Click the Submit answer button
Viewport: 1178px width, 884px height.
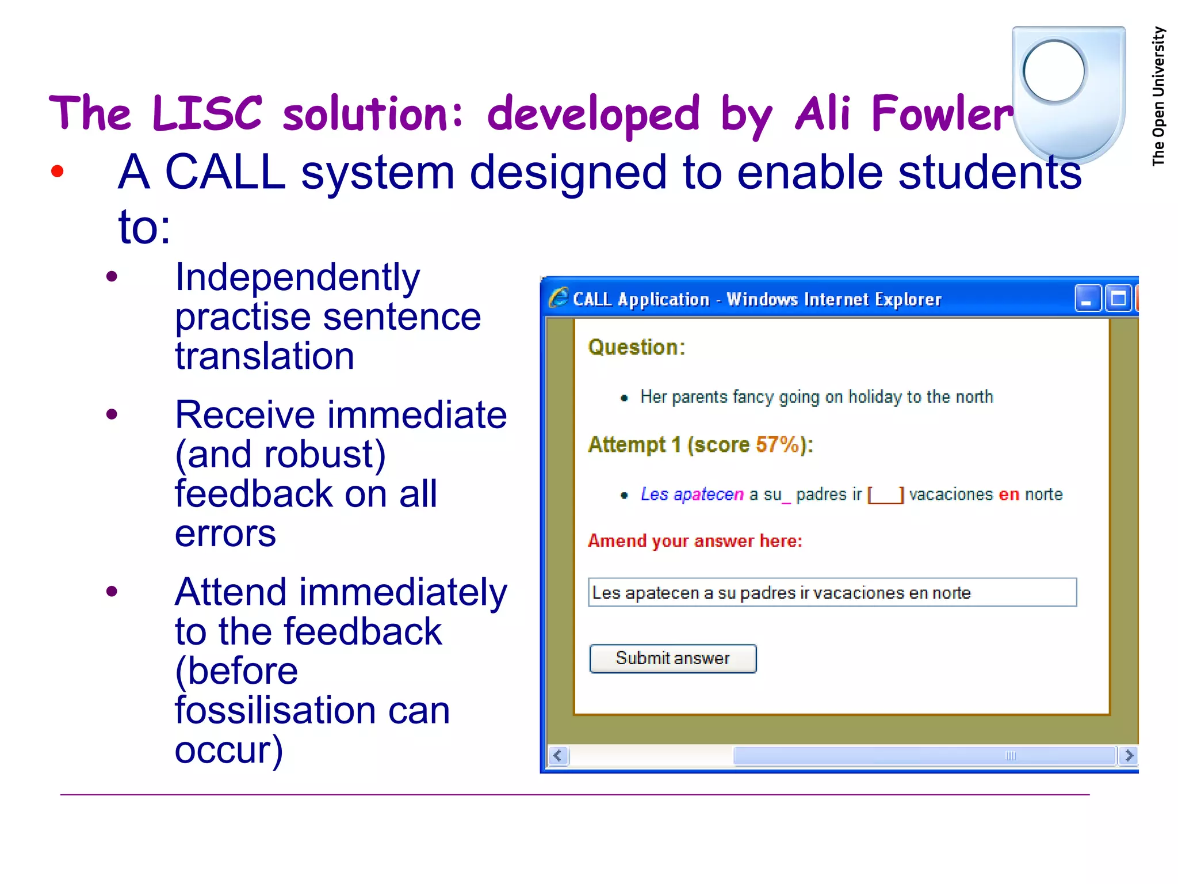[672, 658]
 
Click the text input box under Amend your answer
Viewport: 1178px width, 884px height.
[832, 592]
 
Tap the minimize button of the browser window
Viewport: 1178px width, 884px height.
[1087, 299]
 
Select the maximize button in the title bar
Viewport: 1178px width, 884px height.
[1118, 299]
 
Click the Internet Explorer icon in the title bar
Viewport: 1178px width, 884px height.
[558, 298]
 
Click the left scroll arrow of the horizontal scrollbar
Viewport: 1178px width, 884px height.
[557, 755]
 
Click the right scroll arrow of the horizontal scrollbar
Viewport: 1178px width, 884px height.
[1129, 755]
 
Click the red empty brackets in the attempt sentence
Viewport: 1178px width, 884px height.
[885, 495]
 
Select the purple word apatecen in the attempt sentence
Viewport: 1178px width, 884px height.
[708, 495]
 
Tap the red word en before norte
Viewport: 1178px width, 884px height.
[1009, 494]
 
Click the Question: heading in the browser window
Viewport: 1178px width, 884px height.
[636, 348]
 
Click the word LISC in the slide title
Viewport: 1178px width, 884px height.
[207, 113]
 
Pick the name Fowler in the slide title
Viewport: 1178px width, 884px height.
[942, 114]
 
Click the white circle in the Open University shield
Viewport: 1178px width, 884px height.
[1054, 71]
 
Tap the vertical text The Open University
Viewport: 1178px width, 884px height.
[1158, 96]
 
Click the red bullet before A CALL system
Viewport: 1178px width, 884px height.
[57, 171]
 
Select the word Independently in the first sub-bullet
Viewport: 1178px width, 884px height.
[297, 277]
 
